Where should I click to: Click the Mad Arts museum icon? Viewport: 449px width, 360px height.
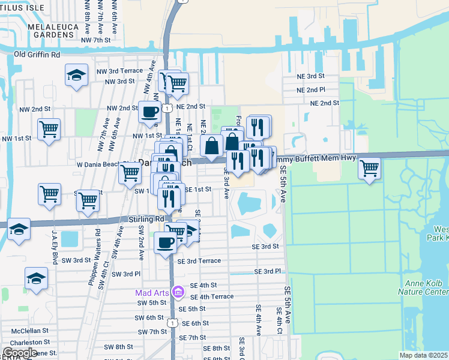(x=177, y=292)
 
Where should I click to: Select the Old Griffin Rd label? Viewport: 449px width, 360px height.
(x=37, y=55)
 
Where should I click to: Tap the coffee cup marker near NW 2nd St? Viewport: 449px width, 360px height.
(x=149, y=111)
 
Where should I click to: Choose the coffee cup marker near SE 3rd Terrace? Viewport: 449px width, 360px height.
(x=165, y=242)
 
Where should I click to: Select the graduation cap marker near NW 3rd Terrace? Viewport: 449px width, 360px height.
(x=76, y=75)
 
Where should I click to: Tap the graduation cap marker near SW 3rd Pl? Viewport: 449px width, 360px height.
(x=36, y=279)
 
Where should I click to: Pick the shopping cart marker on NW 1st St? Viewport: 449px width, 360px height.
(x=49, y=129)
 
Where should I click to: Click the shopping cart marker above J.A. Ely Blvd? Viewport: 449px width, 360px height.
(x=49, y=194)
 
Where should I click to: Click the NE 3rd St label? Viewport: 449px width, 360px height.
(x=311, y=76)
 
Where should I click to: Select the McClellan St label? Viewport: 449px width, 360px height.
(x=26, y=330)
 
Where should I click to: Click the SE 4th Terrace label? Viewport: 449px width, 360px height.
(x=211, y=296)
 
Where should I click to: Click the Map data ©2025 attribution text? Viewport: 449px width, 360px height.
(x=423, y=355)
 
